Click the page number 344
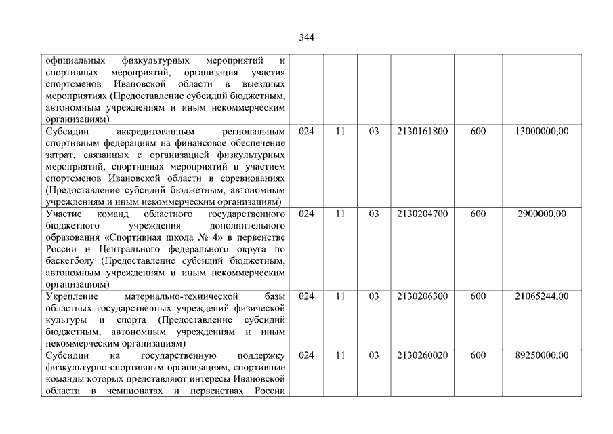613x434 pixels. tap(306, 37)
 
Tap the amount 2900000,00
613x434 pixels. tap(541, 214)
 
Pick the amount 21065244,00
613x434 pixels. tap(541, 296)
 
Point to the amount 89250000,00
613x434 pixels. tap(541, 355)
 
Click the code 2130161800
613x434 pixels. tap(423, 132)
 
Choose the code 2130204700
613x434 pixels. tap(423, 214)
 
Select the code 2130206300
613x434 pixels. tap(423, 296)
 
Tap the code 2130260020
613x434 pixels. tap(423, 355)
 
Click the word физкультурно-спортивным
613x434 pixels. tap(100, 368)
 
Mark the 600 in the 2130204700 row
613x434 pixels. tap(478, 214)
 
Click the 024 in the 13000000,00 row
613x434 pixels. tap(306, 132)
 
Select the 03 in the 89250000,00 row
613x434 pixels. tap(374, 355)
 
